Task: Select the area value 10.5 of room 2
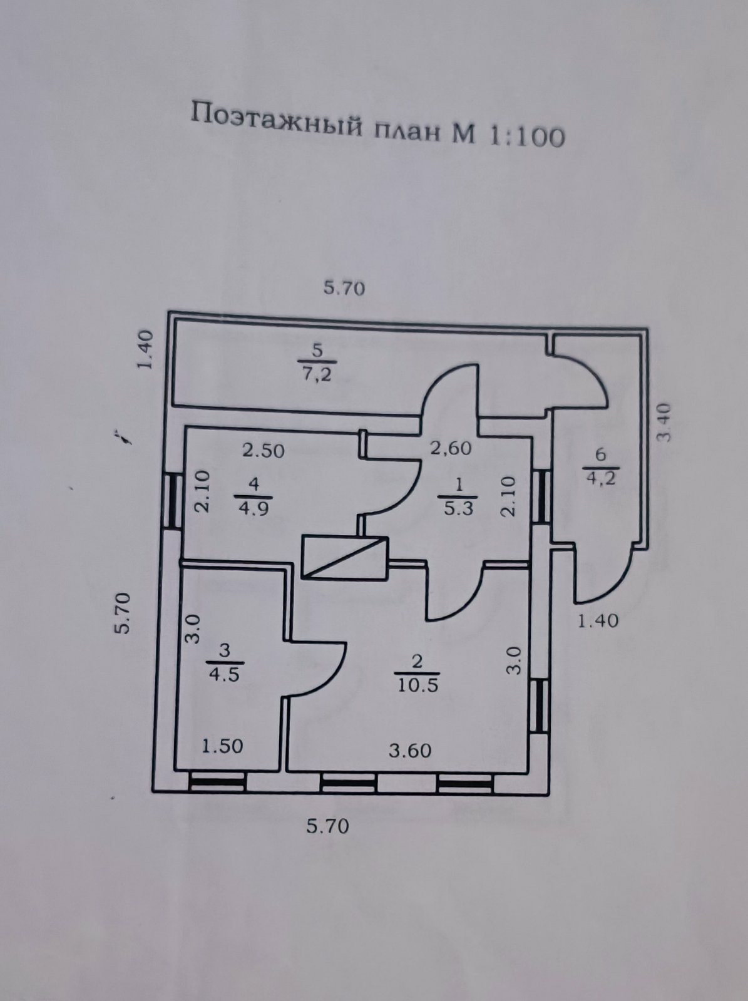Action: (x=418, y=685)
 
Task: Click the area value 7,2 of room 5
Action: (x=317, y=376)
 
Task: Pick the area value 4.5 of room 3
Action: (x=224, y=675)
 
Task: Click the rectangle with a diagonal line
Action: (x=344, y=557)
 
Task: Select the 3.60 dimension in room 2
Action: (x=410, y=750)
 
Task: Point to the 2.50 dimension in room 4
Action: (x=264, y=451)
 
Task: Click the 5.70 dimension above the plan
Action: (x=344, y=289)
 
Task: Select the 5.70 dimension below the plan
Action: (x=327, y=826)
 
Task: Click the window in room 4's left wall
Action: (x=169, y=500)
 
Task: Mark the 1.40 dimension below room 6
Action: (x=598, y=620)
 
